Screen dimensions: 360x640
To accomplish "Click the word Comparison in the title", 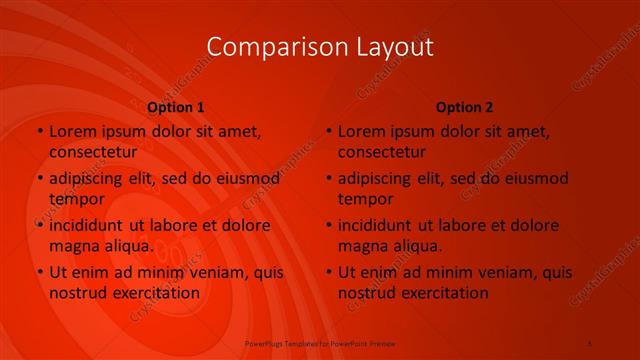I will click(x=266, y=47).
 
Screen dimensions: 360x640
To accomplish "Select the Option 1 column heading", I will click(x=176, y=107).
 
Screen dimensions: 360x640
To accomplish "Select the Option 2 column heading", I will click(x=465, y=107).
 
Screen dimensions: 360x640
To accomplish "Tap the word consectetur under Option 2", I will click(x=381, y=152).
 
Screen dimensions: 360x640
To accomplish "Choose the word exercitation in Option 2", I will click(x=443, y=293).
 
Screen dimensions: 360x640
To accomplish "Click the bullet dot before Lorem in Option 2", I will click(x=328, y=132).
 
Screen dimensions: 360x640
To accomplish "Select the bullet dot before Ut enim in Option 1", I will click(x=39, y=272).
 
